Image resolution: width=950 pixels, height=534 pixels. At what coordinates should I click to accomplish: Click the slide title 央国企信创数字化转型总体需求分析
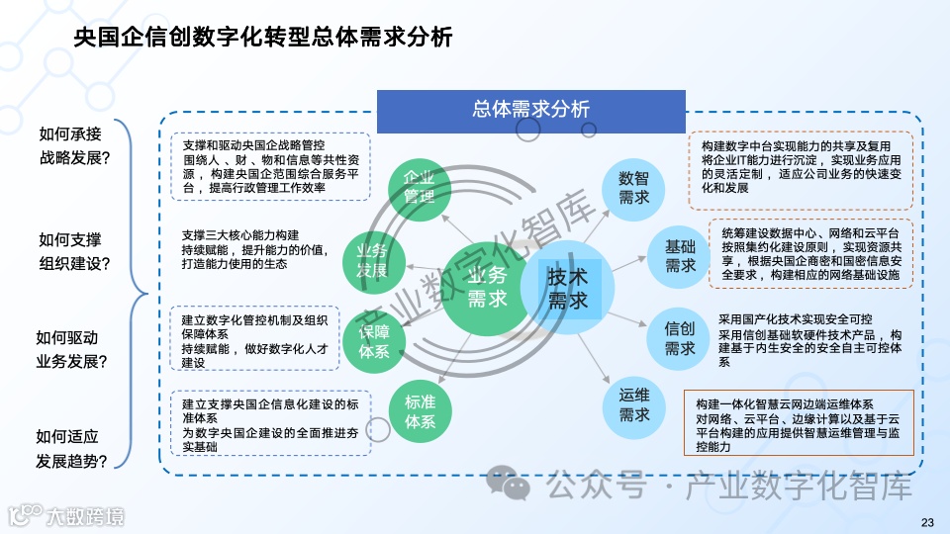[264, 38]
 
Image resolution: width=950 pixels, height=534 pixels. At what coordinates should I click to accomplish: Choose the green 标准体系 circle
[420, 411]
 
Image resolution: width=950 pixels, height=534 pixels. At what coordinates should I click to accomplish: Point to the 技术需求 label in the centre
[568, 287]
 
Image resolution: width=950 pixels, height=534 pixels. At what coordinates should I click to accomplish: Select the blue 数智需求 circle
[633, 188]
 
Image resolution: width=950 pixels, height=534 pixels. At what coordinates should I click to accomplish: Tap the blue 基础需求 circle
[680, 255]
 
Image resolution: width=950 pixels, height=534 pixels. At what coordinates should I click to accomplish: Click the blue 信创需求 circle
[680, 338]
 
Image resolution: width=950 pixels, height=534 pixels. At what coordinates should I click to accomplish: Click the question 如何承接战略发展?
[75, 146]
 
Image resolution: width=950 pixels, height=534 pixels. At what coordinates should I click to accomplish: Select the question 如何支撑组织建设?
[75, 252]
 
